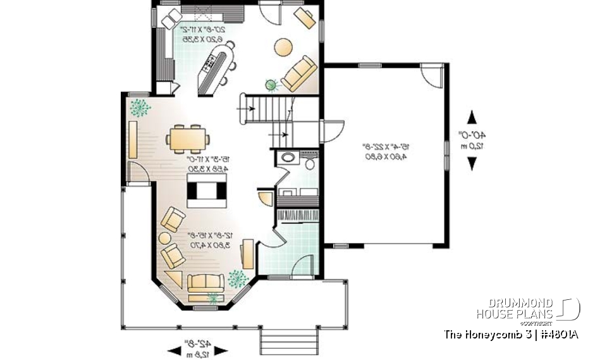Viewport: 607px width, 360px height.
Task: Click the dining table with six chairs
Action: [188, 137]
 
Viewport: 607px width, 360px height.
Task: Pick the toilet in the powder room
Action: [310, 164]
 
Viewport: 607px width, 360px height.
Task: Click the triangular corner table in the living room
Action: [173, 278]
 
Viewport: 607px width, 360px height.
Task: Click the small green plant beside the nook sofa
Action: [273, 84]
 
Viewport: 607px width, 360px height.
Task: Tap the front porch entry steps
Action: [287, 342]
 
